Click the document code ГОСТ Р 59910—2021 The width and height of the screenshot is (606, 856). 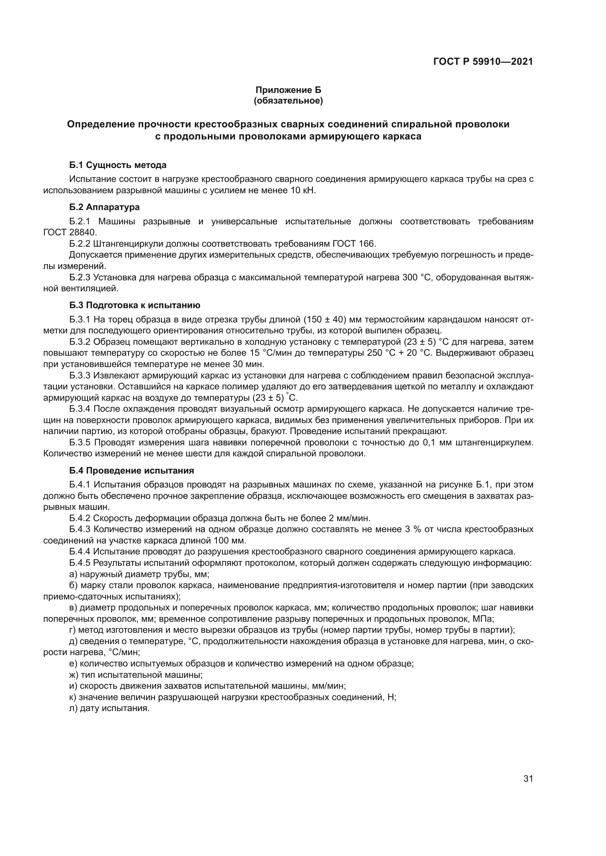coord(483,61)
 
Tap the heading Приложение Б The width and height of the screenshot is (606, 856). coord(288,90)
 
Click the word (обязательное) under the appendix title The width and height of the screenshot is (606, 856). coord(288,101)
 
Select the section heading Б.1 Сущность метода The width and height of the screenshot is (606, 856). coord(118,165)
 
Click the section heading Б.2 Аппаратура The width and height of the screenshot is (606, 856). coord(104,207)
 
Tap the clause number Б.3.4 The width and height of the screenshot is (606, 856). coord(80,409)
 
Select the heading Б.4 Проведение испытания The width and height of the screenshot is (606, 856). coord(132,471)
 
